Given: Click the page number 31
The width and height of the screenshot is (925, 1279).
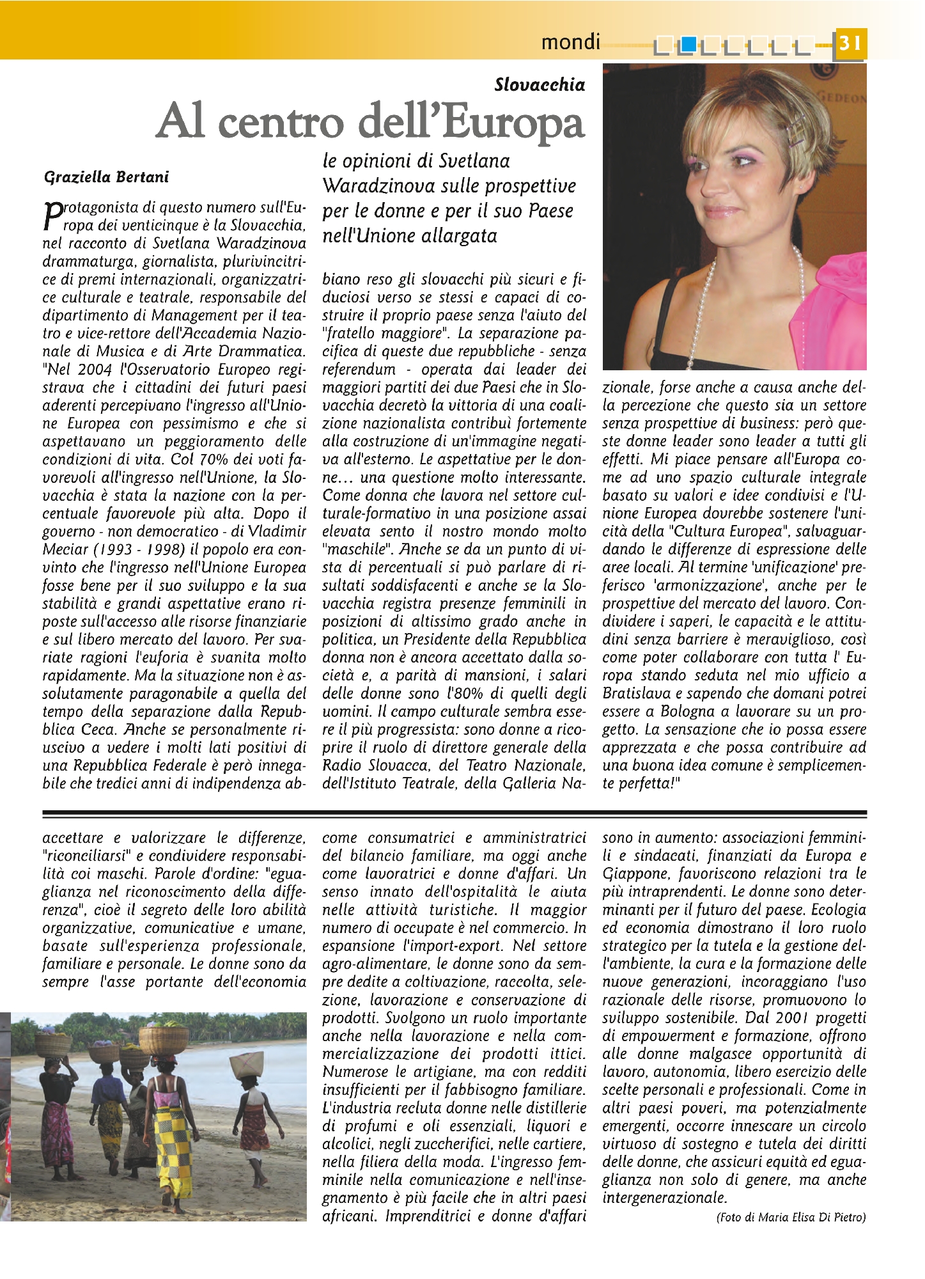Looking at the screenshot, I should (x=850, y=43).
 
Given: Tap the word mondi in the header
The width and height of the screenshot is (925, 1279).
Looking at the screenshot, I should (x=570, y=42).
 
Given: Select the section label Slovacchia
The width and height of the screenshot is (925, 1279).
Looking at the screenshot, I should (x=540, y=85).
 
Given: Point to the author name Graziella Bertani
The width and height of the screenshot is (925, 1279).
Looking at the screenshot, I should (x=106, y=177).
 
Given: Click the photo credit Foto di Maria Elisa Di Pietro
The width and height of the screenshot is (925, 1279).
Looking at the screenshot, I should (x=791, y=1218).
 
